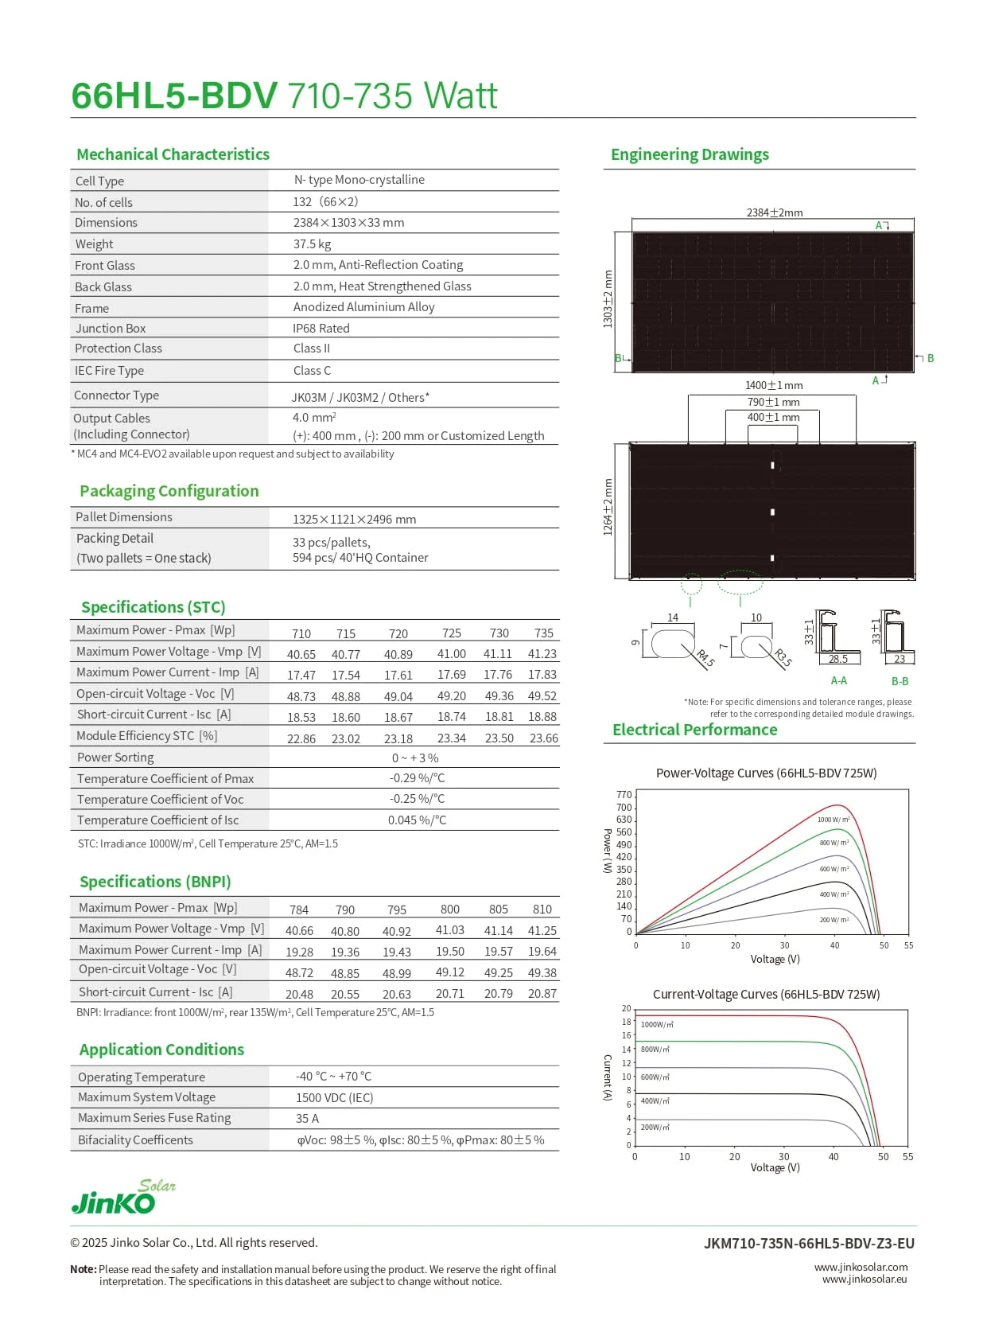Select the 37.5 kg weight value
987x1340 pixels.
pyautogui.click(x=312, y=244)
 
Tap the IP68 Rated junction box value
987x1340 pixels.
pyautogui.click(x=321, y=329)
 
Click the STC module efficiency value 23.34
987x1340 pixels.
pyautogui.click(x=452, y=738)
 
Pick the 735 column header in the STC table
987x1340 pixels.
pyautogui.click(x=544, y=633)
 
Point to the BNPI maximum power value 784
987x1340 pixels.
pyautogui.click(x=299, y=910)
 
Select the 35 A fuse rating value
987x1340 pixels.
pyautogui.click(x=307, y=1119)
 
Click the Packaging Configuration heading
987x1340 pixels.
pyautogui.click(x=169, y=491)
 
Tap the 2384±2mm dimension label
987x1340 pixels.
pyautogui.click(x=774, y=212)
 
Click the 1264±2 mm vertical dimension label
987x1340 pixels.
pyautogui.click(x=608, y=507)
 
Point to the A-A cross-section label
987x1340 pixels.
pyautogui.click(x=838, y=681)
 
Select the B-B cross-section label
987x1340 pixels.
pyautogui.click(x=900, y=682)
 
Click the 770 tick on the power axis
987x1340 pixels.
pyautogui.click(x=624, y=795)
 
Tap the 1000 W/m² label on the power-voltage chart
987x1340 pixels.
pyautogui.click(x=834, y=820)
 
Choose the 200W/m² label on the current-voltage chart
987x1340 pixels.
pyautogui.click(x=655, y=1128)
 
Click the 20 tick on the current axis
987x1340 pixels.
pyautogui.click(x=627, y=1009)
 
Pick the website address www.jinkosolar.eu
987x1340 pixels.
pyautogui.click(x=865, y=1280)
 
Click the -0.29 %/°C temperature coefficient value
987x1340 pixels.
pyautogui.click(x=417, y=778)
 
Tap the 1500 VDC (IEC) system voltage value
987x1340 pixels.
pyautogui.click(x=334, y=1098)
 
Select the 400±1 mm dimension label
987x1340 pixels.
pyautogui.click(x=773, y=417)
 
